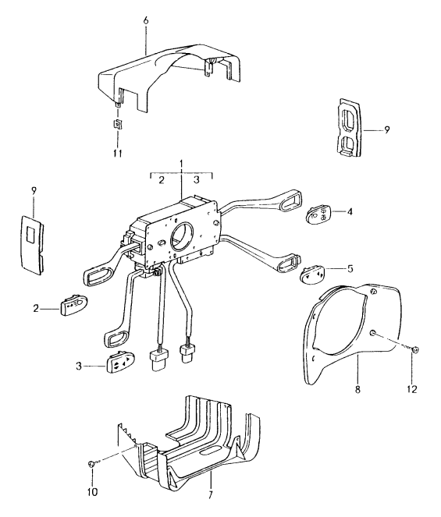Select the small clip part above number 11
coord(118,124)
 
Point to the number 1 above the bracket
coord(181,165)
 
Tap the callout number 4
coord(350,211)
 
